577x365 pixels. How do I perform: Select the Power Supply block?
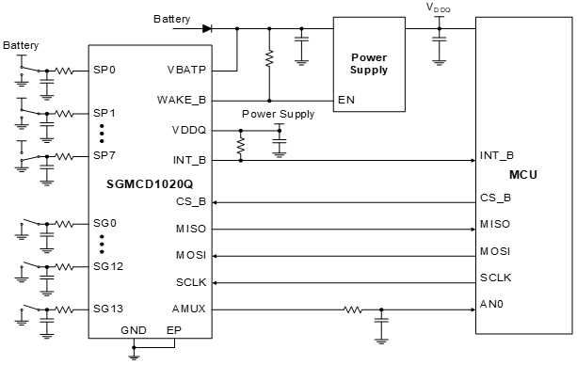368,63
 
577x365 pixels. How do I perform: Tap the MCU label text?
522,175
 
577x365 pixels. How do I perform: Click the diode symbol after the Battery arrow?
206,27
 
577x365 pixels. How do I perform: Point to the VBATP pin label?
187,69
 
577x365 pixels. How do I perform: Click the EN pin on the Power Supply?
345,99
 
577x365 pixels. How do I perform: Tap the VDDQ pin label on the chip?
189,130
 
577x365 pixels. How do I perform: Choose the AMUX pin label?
189,309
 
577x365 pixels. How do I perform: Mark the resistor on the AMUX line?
352,308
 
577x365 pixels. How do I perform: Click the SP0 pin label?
104,70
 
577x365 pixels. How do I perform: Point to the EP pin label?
173,330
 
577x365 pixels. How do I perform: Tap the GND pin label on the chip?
134,330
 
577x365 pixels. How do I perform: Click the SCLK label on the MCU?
495,278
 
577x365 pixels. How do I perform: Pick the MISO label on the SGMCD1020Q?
190,229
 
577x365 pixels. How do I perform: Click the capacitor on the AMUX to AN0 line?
381,324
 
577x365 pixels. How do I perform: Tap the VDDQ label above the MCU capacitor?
438,8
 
